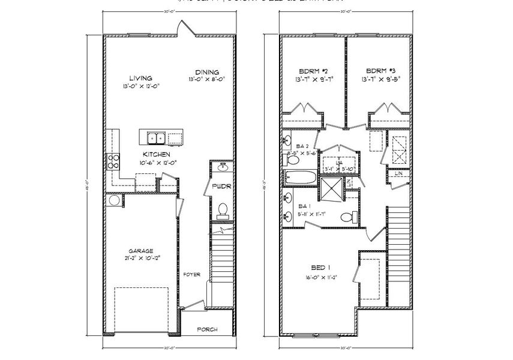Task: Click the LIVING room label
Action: (140, 78)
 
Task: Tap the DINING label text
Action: (206, 71)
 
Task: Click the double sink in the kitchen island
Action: (157, 138)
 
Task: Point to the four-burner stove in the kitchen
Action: (113, 160)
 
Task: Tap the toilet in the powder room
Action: (223, 210)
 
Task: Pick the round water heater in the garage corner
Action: (114, 201)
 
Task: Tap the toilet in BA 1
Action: (346, 217)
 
